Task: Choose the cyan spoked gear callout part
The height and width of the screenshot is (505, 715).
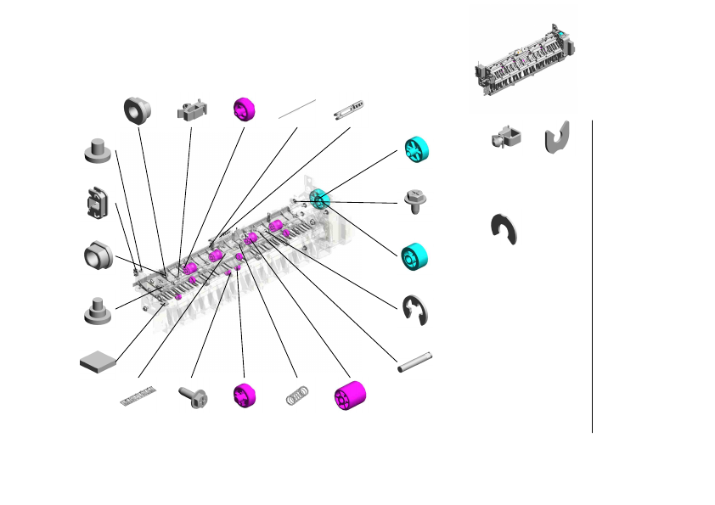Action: pos(416,150)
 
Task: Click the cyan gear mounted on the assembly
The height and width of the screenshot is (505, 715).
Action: pos(319,199)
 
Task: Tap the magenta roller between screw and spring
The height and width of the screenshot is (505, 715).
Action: pos(245,396)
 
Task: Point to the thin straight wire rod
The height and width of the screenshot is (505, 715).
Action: pos(296,109)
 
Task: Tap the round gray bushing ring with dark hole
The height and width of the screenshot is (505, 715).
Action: pos(137,109)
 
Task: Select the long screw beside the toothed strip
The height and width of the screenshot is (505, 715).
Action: pos(193,396)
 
